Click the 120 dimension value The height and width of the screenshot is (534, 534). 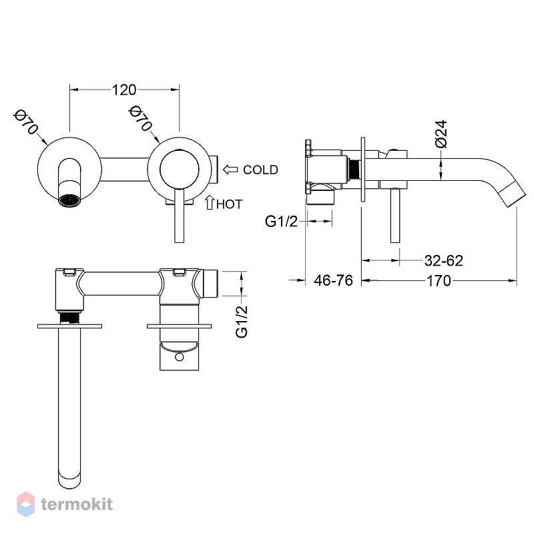124,90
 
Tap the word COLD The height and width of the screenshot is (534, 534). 260,170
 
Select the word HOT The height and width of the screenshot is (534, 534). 229,204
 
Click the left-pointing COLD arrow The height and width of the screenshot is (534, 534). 230,170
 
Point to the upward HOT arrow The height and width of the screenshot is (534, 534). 209,202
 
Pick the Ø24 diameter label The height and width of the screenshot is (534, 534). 441,133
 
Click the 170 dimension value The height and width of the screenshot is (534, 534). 439,281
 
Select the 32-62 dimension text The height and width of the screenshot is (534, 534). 444,261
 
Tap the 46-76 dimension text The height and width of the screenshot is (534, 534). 333,280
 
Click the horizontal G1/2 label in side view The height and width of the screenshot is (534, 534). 281,222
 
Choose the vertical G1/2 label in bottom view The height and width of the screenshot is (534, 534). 242,322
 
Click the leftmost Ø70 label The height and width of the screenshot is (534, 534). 25,121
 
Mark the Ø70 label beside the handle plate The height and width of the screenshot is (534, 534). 140,118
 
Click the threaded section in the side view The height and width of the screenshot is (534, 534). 355,170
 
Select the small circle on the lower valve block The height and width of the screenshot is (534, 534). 179,357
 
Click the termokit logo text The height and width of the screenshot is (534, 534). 77,504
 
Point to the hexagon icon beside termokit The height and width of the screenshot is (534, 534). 25,504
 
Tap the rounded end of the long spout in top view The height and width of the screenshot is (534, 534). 69,479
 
